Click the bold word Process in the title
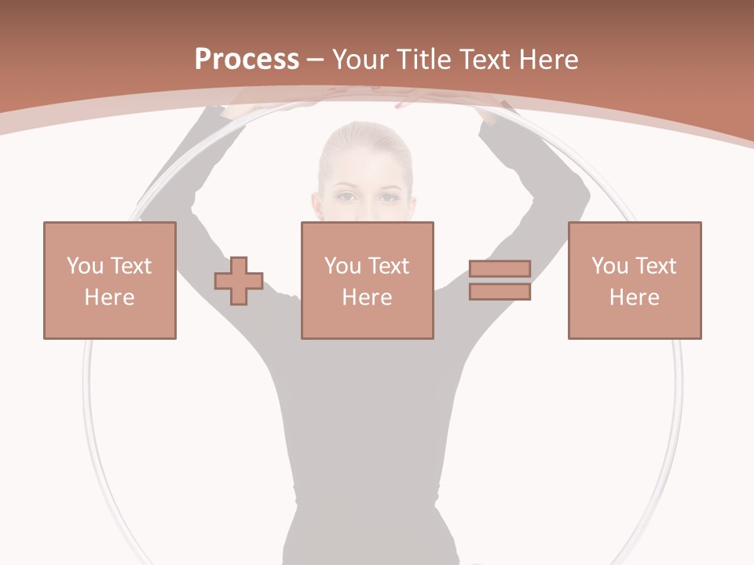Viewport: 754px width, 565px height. (247, 60)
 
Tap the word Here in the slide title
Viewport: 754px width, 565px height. (547, 60)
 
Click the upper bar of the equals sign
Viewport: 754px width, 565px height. (500, 269)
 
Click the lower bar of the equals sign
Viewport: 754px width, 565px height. (500, 291)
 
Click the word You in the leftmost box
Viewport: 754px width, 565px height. (85, 266)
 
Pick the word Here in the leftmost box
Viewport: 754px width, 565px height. (109, 297)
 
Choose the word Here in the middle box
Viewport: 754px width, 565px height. (367, 297)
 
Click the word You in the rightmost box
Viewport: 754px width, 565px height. (609, 266)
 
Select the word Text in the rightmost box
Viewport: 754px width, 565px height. (656, 266)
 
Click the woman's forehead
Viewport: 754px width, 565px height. (365, 166)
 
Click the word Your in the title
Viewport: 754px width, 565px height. (361, 60)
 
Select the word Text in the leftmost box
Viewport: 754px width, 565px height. (131, 266)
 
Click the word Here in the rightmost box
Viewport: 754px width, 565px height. (634, 297)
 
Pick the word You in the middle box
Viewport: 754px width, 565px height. (342, 266)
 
